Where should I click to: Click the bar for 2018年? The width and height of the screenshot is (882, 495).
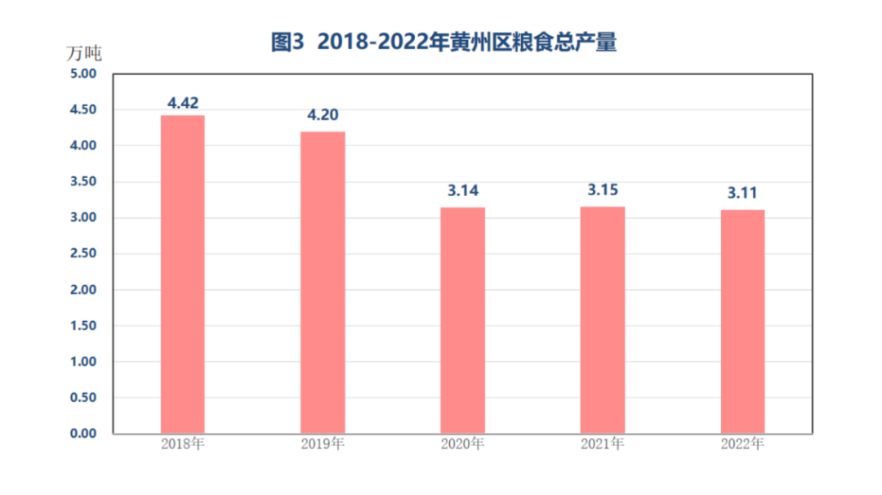click(x=182, y=274)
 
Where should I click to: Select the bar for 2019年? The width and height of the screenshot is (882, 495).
click(x=323, y=282)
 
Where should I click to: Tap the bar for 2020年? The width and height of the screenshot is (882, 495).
click(x=462, y=320)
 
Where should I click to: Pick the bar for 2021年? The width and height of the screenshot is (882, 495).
click(x=602, y=319)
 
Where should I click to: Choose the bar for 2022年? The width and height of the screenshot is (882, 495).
click(x=742, y=321)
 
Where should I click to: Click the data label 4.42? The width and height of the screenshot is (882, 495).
click(x=183, y=103)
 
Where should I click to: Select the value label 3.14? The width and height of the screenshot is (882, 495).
click(x=462, y=191)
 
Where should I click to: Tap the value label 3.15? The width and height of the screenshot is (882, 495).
click(x=602, y=191)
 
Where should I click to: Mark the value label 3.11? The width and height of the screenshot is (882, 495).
click(x=742, y=194)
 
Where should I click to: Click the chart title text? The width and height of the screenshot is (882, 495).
click(x=443, y=42)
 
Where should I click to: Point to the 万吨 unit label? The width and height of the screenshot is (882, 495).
click(x=83, y=55)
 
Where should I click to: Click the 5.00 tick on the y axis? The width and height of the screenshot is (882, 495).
click(x=82, y=74)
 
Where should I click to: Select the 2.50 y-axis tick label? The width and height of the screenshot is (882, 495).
click(x=82, y=253)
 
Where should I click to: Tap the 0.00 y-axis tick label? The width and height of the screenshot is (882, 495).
click(x=82, y=433)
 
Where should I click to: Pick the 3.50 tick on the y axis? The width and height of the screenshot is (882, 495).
click(x=82, y=181)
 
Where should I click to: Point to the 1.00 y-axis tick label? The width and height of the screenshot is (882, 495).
click(x=82, y=361)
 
